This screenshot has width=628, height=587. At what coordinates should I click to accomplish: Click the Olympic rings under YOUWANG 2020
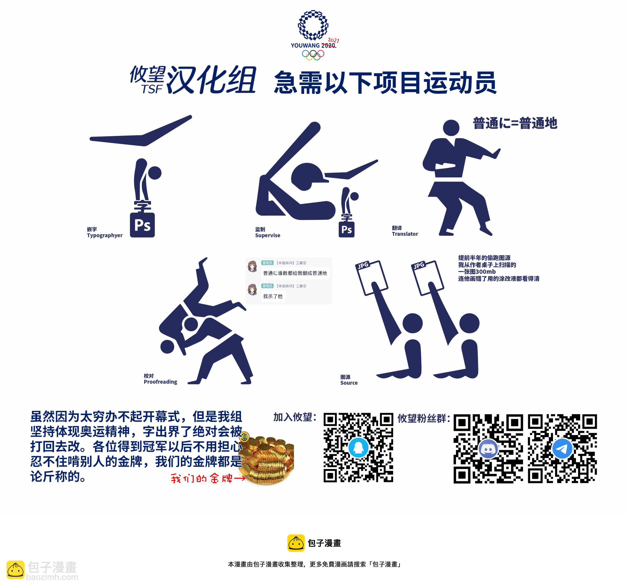tap(313, 55)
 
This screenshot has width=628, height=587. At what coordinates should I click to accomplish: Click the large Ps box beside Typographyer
tap(142, 225)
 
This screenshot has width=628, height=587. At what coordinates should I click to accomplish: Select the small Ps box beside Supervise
tap(346, 230)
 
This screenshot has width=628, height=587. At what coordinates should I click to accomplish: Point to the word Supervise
tap(267, 236)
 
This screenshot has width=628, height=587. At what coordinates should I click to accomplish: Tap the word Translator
tap(405, 234)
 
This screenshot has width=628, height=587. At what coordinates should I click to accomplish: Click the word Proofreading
tap(160, 382)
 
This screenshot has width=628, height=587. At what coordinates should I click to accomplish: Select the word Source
tap(349, 383)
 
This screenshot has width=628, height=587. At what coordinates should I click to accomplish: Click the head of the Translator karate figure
tap(451, 128)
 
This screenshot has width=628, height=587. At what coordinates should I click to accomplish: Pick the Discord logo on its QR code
tap(488, 448)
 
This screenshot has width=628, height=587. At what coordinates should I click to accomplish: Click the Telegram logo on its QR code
tap(562, 448)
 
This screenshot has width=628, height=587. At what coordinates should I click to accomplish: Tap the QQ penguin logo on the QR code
tap(358, 447)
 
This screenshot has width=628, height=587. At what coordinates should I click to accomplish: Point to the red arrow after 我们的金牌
tap(240, 478)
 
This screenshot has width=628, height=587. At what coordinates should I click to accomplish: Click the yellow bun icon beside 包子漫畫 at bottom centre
tap(296, 543)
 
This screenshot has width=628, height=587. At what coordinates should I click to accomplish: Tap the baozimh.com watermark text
tap(52, 577)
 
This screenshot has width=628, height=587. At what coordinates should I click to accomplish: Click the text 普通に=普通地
tap(515, 123)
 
